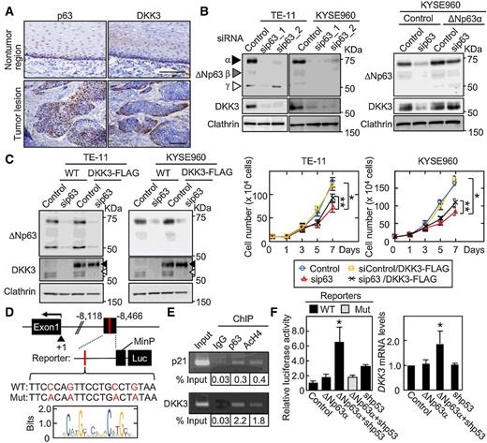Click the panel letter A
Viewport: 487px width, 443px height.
[x=7, y=7]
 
